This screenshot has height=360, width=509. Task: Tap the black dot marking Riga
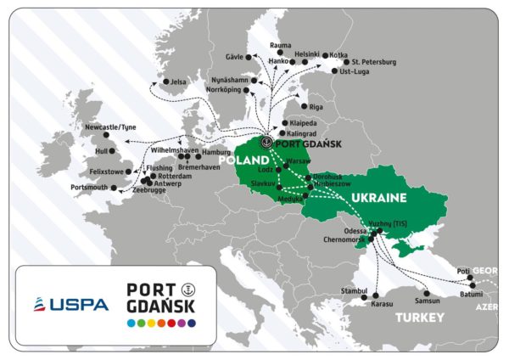(306, 107)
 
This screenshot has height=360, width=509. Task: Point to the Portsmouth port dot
(115, 188)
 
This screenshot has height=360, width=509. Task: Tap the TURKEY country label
(418, 317)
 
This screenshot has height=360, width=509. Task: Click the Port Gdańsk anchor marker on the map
(267, 143)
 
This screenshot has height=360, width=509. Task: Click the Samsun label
(428, 301)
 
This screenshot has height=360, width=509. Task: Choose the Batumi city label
(473, 293)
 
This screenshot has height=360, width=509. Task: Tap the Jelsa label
(178, 82)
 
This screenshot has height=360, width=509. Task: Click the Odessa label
(356, 230)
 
